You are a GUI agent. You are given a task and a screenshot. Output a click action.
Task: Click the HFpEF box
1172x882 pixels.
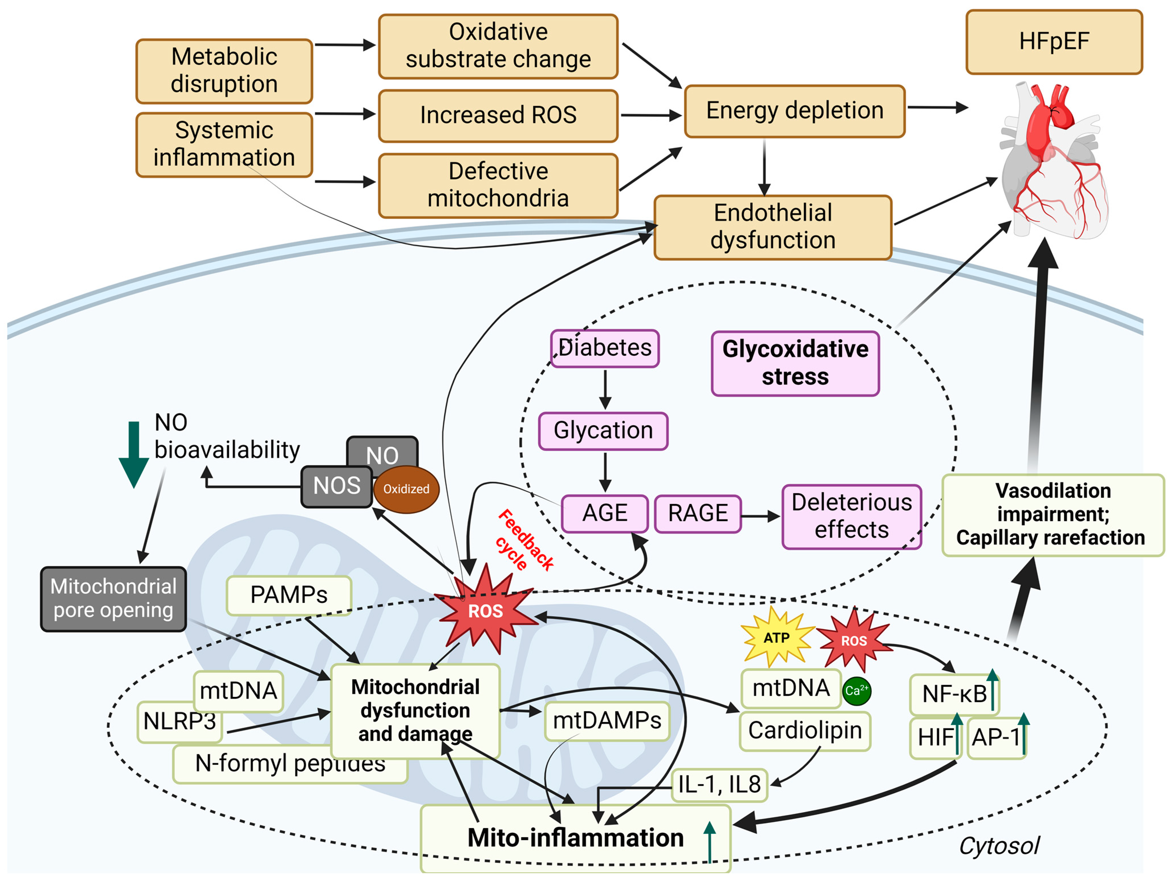tap(1054, 42)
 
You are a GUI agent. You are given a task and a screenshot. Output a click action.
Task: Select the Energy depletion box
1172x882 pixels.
tap(795, 111)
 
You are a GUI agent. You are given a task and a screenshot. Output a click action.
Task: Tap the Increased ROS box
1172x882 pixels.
tap(498, 115)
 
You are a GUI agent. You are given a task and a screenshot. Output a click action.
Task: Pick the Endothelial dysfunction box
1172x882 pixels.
tap(773, 227)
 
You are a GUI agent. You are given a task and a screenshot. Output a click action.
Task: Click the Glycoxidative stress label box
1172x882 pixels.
tap(795, 363)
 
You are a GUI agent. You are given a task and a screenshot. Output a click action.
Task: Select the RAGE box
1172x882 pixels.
tap(698, 513)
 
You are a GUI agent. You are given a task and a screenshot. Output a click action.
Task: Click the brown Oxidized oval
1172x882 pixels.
tap(406, 489)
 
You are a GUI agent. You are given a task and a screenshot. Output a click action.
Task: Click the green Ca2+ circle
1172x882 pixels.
tap(856, 691)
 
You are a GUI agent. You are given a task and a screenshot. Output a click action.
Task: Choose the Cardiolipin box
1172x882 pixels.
tap(805, 731)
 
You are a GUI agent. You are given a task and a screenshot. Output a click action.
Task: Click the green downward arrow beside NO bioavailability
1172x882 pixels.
tap(133, 454)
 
